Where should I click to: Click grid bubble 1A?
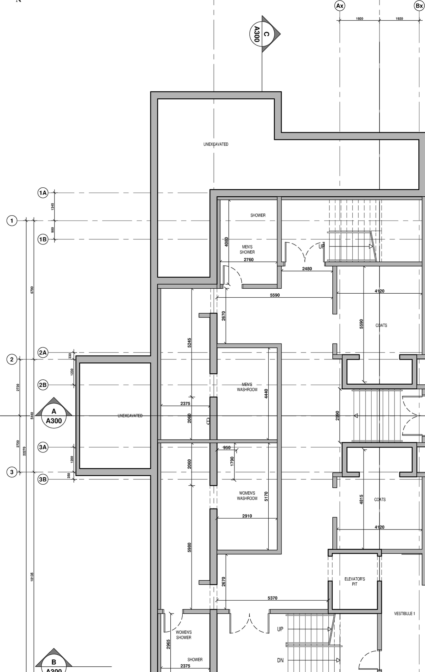coord(43,193)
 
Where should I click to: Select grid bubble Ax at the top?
coord(340,6)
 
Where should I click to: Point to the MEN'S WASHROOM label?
coord(247,387)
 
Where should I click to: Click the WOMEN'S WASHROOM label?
coord(247,496)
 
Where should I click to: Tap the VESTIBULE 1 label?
coord(404,614)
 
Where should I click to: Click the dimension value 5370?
coord(272,598)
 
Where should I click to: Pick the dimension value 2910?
coord(247,516)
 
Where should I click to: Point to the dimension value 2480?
coord(307,269)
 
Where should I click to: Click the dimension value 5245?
coord(189,342)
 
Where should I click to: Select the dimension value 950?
coord(227,447)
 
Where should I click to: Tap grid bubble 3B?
coord(43,479)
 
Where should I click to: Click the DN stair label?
coord(280,660)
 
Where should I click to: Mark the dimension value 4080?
coord(226,241)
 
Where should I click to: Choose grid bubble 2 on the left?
coord(12,359)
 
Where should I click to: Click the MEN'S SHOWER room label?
coord(247,249)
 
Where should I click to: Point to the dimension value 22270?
coord(24,451)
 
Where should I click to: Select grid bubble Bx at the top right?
coord(419,6)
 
